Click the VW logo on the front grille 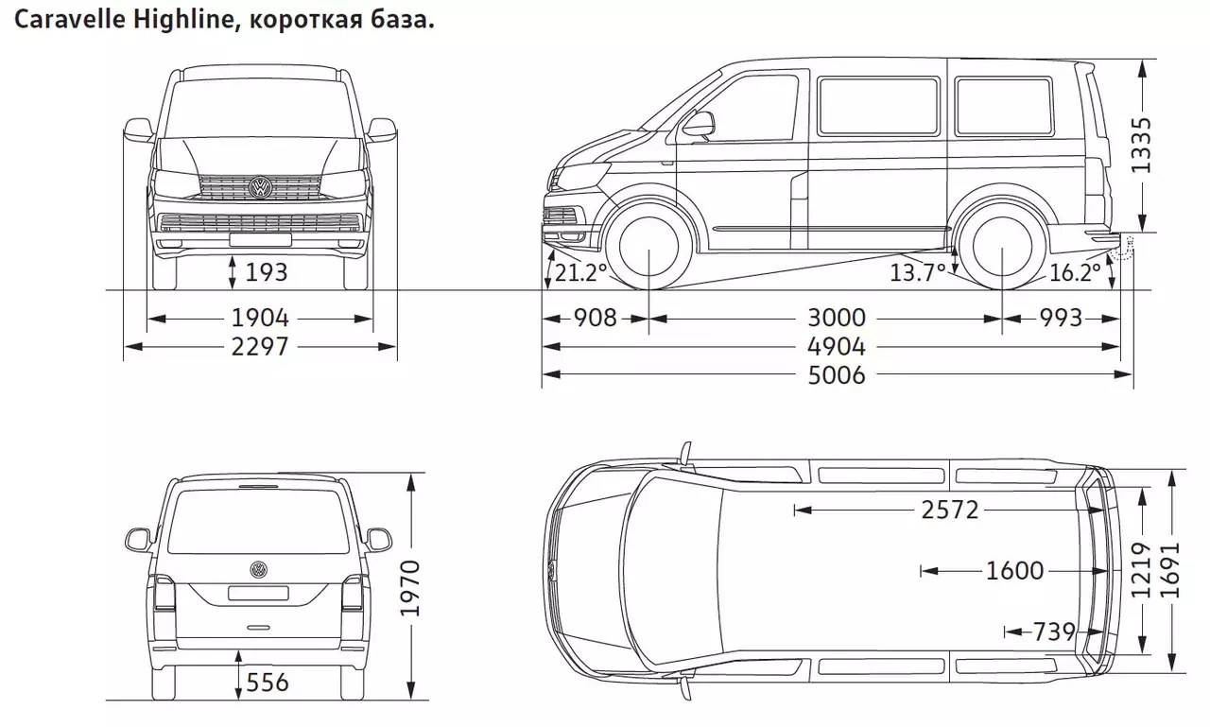click(260, 187)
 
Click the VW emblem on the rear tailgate click(259, 569)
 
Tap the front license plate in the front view click(260, 240)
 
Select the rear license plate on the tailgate click(258, 593)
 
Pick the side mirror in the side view click(699, 125)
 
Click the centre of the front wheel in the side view click(648, 247)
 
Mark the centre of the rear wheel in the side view click(1002, 247)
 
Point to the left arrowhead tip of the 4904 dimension click(543, 346)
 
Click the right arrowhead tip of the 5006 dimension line click(1132, 374)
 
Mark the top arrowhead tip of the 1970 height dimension click(411, 474)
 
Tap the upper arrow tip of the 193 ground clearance click(233, 256)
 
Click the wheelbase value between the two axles click(837, 318)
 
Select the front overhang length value click(595, 318)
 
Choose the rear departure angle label click(1074, 273)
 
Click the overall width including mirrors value click(260, 346)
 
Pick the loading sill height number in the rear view click(268, 683)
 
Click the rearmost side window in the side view click(1004, 107)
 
